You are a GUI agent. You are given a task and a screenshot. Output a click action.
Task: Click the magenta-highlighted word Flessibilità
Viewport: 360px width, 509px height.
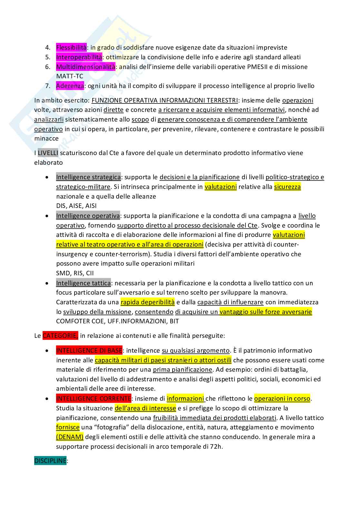point(71,48)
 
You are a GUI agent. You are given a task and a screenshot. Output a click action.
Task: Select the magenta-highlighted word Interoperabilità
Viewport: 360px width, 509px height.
point(79,57)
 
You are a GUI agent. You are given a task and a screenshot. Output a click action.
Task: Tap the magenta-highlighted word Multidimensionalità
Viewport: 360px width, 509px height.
point(85,67)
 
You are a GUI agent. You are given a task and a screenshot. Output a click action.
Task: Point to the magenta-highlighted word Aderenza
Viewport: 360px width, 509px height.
point(70,86)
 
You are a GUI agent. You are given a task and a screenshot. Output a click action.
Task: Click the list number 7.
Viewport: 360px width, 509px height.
point(47,86)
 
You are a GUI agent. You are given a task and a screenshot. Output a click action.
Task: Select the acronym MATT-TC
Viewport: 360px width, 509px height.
point(70,76)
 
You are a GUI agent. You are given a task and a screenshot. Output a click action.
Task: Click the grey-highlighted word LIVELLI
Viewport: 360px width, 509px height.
point(48,153)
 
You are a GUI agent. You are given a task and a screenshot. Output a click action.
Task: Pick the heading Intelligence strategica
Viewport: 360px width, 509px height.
point(88,177)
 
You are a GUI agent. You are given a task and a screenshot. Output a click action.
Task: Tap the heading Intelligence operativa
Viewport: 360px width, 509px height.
point(88,216)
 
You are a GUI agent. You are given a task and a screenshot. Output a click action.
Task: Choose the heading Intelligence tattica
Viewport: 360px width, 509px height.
point(83,283)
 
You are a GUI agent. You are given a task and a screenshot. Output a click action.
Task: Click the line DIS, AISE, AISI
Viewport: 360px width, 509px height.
point(76,206)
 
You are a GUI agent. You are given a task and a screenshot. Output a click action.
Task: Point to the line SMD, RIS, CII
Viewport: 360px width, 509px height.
point(75,273)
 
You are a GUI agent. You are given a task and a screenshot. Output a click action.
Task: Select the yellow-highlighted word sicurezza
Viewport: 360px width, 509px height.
point(287,187)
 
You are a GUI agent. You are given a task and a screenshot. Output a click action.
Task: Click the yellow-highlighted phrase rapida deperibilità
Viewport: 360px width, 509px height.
point(147,302)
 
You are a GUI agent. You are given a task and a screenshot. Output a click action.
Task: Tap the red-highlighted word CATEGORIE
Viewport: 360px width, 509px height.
point(60,336)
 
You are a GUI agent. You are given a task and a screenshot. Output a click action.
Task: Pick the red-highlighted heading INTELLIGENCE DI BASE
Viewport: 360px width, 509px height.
point(89,351)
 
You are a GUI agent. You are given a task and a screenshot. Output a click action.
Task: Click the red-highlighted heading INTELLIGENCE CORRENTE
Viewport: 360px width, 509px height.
point(94,399)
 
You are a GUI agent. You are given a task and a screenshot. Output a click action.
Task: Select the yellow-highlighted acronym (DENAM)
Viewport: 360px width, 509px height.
point(70,437)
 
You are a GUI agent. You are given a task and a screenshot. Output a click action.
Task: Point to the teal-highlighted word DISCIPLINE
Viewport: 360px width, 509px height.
point(50,461)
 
